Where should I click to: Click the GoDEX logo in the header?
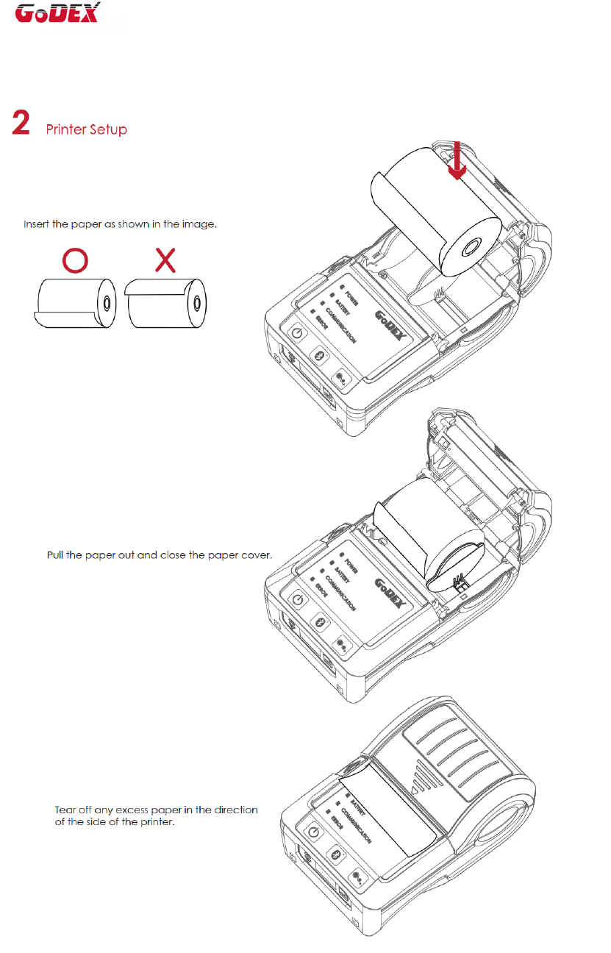pos(57,13)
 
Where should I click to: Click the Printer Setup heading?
pos(86,130)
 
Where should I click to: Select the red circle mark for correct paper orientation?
pos(75,260)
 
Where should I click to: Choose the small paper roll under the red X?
pos(167,302)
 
